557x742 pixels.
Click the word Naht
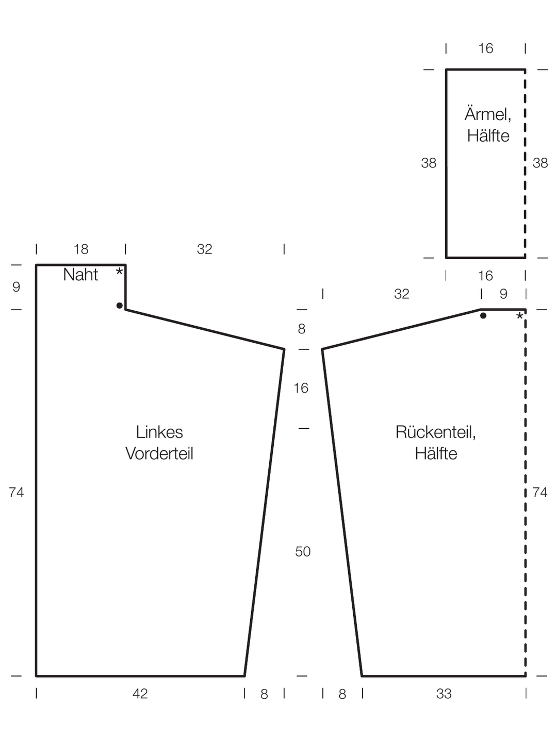point(80,275)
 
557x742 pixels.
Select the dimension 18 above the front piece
point(81,249)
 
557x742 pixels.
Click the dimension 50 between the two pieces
point(303,551)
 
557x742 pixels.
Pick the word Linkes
point(159,432)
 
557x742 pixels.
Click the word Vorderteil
point(159,453)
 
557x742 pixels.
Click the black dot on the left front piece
point(119,306)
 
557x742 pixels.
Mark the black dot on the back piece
point(483,316)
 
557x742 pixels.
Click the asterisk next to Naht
point(119,272)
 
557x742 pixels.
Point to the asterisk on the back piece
point(519,316)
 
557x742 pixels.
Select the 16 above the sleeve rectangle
point(486,48)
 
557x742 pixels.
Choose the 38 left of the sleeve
point(429,163)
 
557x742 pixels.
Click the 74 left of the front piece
point(16,493)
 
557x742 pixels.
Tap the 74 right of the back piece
point(540,493)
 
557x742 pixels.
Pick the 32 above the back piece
point(401,294)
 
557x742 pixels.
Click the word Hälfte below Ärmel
point(488,136)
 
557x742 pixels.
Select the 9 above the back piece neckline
point(503,294)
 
